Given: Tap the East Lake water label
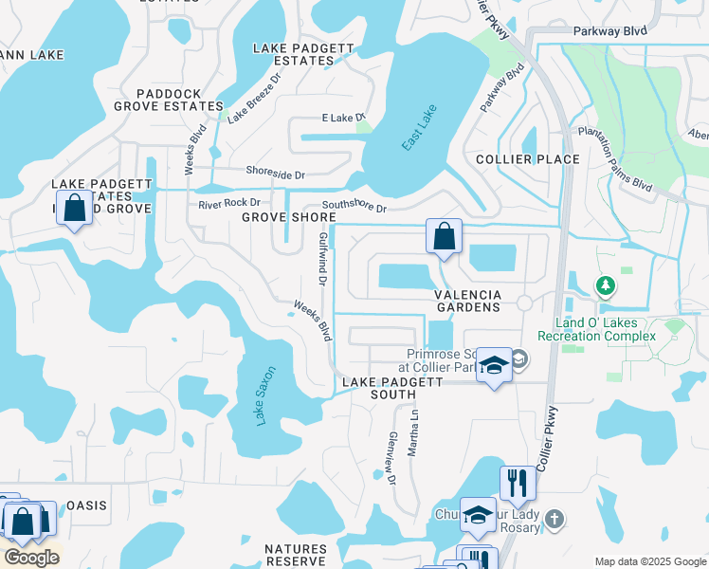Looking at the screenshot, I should tap(417, 127).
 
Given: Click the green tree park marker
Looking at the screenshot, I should tap(603, 284).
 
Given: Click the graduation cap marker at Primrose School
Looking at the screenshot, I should tap(494, 365).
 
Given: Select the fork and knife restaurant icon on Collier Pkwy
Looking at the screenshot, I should tap(518, 483).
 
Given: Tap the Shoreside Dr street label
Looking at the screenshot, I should tap(274, 175).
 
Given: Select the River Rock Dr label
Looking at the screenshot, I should tap(229, 204).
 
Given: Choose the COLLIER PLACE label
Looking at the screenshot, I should tap(527, 158).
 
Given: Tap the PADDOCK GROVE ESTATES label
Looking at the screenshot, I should tap(167, 100).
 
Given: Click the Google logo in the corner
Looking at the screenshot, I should tap(31, 558).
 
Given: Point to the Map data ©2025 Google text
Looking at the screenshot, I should tap(648, 560).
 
